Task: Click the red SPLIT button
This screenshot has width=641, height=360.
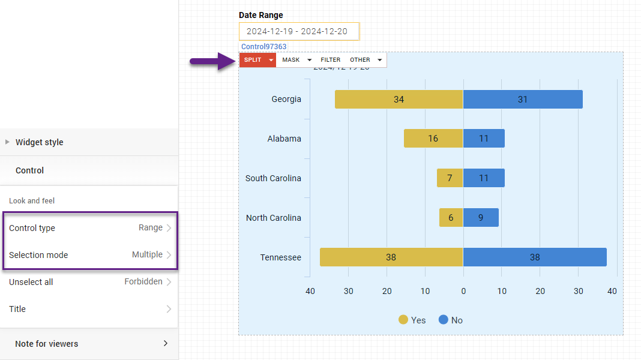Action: (253, 60)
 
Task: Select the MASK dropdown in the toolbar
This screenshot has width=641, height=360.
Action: (296, 60)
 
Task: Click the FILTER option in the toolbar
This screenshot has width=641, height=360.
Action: (330, 60)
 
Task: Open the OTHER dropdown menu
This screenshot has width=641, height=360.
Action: (366, 60)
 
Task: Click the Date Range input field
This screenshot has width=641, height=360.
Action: (299, 31)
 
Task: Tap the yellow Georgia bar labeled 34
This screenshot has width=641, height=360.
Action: (399, 100)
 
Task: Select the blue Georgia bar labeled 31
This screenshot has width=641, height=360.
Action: (523, 100)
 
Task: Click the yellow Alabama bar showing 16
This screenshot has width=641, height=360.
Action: (433, 139)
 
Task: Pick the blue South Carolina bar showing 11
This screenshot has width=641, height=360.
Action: (484, 178)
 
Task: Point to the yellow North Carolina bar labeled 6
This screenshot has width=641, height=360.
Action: (451, 218)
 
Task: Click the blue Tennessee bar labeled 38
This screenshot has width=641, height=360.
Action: (535, 257)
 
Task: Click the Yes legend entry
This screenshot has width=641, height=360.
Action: (412, 320)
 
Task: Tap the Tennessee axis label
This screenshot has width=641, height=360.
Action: (280, 257)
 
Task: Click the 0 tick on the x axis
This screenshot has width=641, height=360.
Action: (463, 292)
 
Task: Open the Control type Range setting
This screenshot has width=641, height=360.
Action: (90, 228)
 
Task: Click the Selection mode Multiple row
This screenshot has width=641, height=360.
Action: (90, 255)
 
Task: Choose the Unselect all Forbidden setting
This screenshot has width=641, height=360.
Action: (90, 282)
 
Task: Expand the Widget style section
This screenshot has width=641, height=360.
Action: (39, 142)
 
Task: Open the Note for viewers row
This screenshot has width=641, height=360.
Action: (90, 344)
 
